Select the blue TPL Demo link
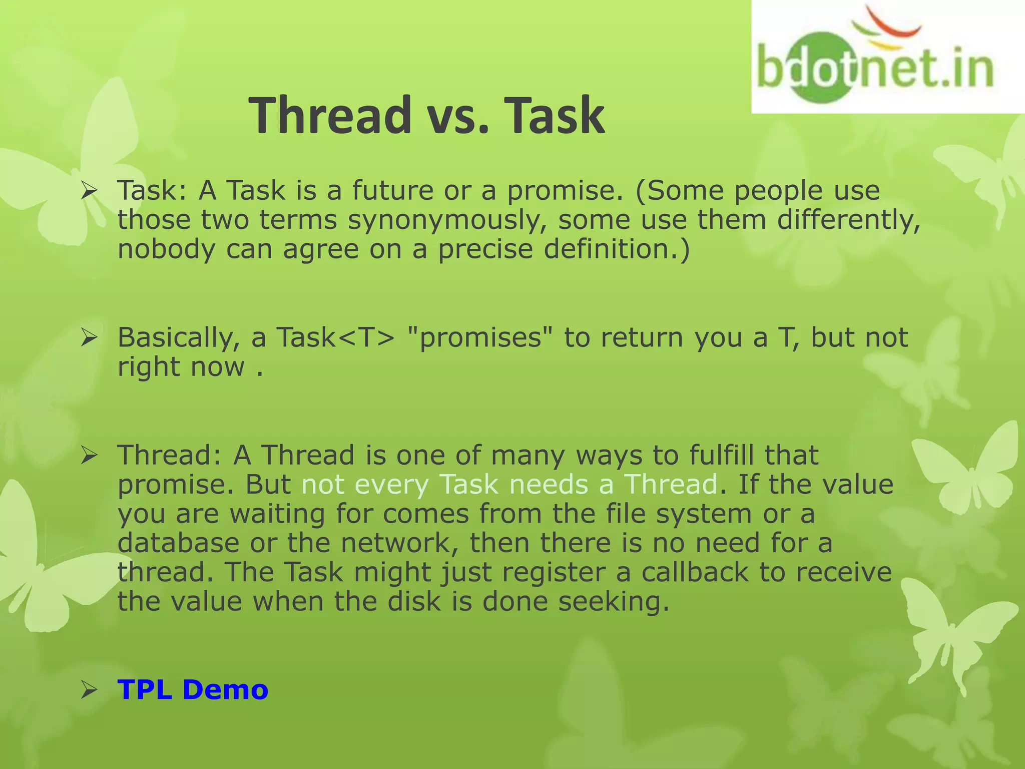193,690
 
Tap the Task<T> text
336,337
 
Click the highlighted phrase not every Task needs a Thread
509,485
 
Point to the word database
178,543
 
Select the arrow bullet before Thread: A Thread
89,456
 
